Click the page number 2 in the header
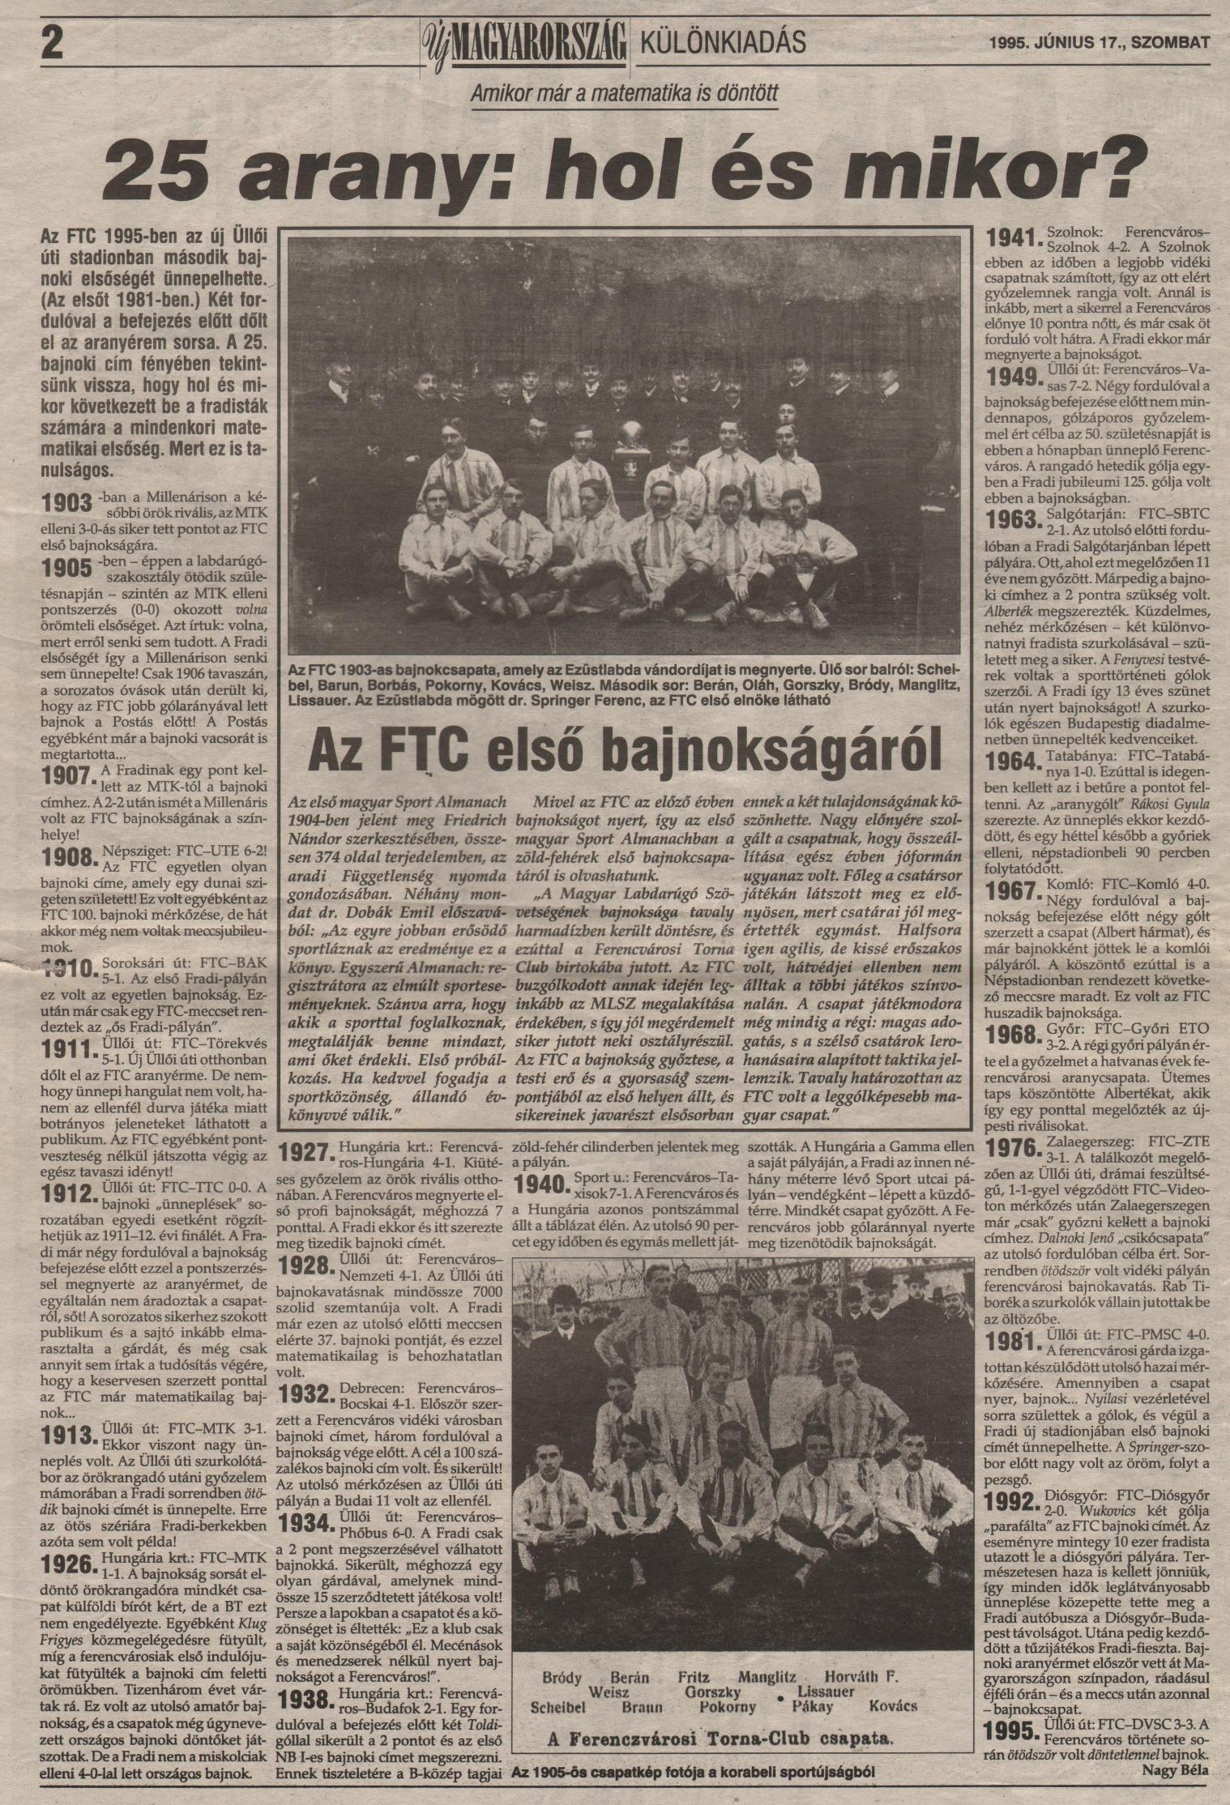[x=50, y=43]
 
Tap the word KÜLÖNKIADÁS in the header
[x=723, y=42]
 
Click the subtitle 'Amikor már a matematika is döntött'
[x=624, y=94]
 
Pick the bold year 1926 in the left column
[x=68, y=1561]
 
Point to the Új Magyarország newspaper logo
[x=527, y=41]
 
